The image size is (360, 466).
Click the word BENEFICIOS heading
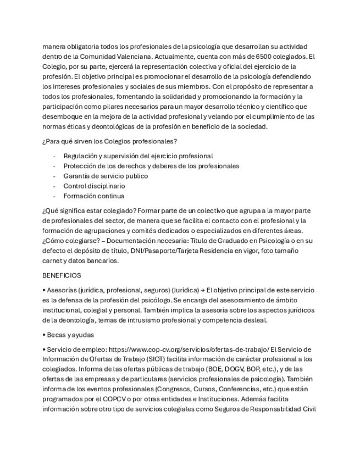tap(62, 275)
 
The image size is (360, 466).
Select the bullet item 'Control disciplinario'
tap(94, 186)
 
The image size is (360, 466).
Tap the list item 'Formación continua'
tap(94, 196)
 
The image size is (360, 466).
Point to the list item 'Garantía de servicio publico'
tap(106, 176)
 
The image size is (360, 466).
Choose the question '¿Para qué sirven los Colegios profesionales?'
tap(109, 142)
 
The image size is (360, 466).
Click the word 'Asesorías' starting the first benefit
tap(62, 290)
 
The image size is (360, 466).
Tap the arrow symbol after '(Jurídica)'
tap(202, 290)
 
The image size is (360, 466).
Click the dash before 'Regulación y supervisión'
tap(54, 156)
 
